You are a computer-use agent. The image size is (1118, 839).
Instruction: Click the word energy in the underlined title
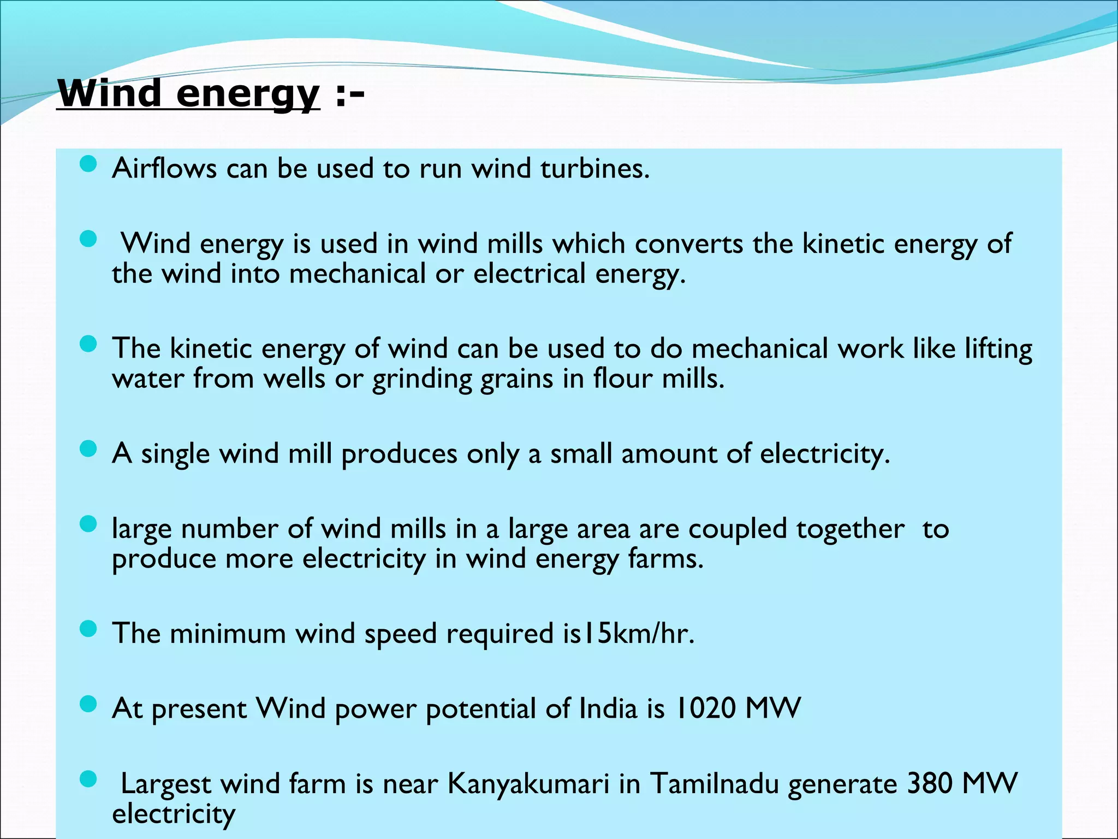pyautogui.click(x=247, y=94)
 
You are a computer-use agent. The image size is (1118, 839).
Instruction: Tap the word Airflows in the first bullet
pyautogui.click(x=164, y=168)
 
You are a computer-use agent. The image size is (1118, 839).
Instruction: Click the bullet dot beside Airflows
pyautogui.click(x=88, y=164)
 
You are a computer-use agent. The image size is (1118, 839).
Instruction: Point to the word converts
pyautogui.click(x=688, y=243)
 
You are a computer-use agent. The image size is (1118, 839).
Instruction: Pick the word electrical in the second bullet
pyautogui.click(x=529, y=273)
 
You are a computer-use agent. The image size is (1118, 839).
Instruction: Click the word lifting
pyautogui.click(x=998, y=348)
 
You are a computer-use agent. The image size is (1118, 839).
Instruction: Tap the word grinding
pyautogui.click(x=421, y=379)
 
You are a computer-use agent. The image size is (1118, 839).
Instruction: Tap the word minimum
pyautogui.click(x=228, y=634)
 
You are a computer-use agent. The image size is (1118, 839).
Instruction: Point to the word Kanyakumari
pyautogui.click(x=528, y=783)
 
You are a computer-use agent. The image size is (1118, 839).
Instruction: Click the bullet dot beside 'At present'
pyautogui.click(x=88, y=704)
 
